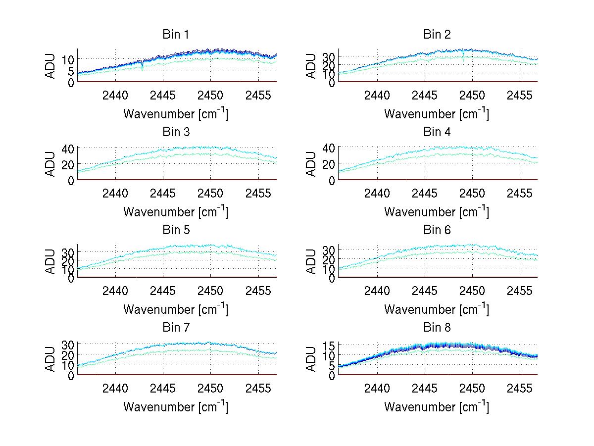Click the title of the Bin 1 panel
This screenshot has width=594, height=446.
[x=176, y=35]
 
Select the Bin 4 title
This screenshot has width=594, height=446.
[x=437, y=132]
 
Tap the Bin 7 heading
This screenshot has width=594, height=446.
[x=176, y=327]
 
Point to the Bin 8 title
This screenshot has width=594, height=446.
[x=437, y=327]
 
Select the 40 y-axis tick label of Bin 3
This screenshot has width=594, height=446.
[x=68, y=148]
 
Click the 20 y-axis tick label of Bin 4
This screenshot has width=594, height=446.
[x=329, y=164]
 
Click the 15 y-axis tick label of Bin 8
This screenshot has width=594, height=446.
[x=329, y=345]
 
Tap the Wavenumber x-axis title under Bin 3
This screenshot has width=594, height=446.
[x=176, y=212]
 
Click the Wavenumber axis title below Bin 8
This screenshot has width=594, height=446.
[x=437, y=407]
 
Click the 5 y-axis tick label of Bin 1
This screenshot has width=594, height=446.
[x=71, y=71]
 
